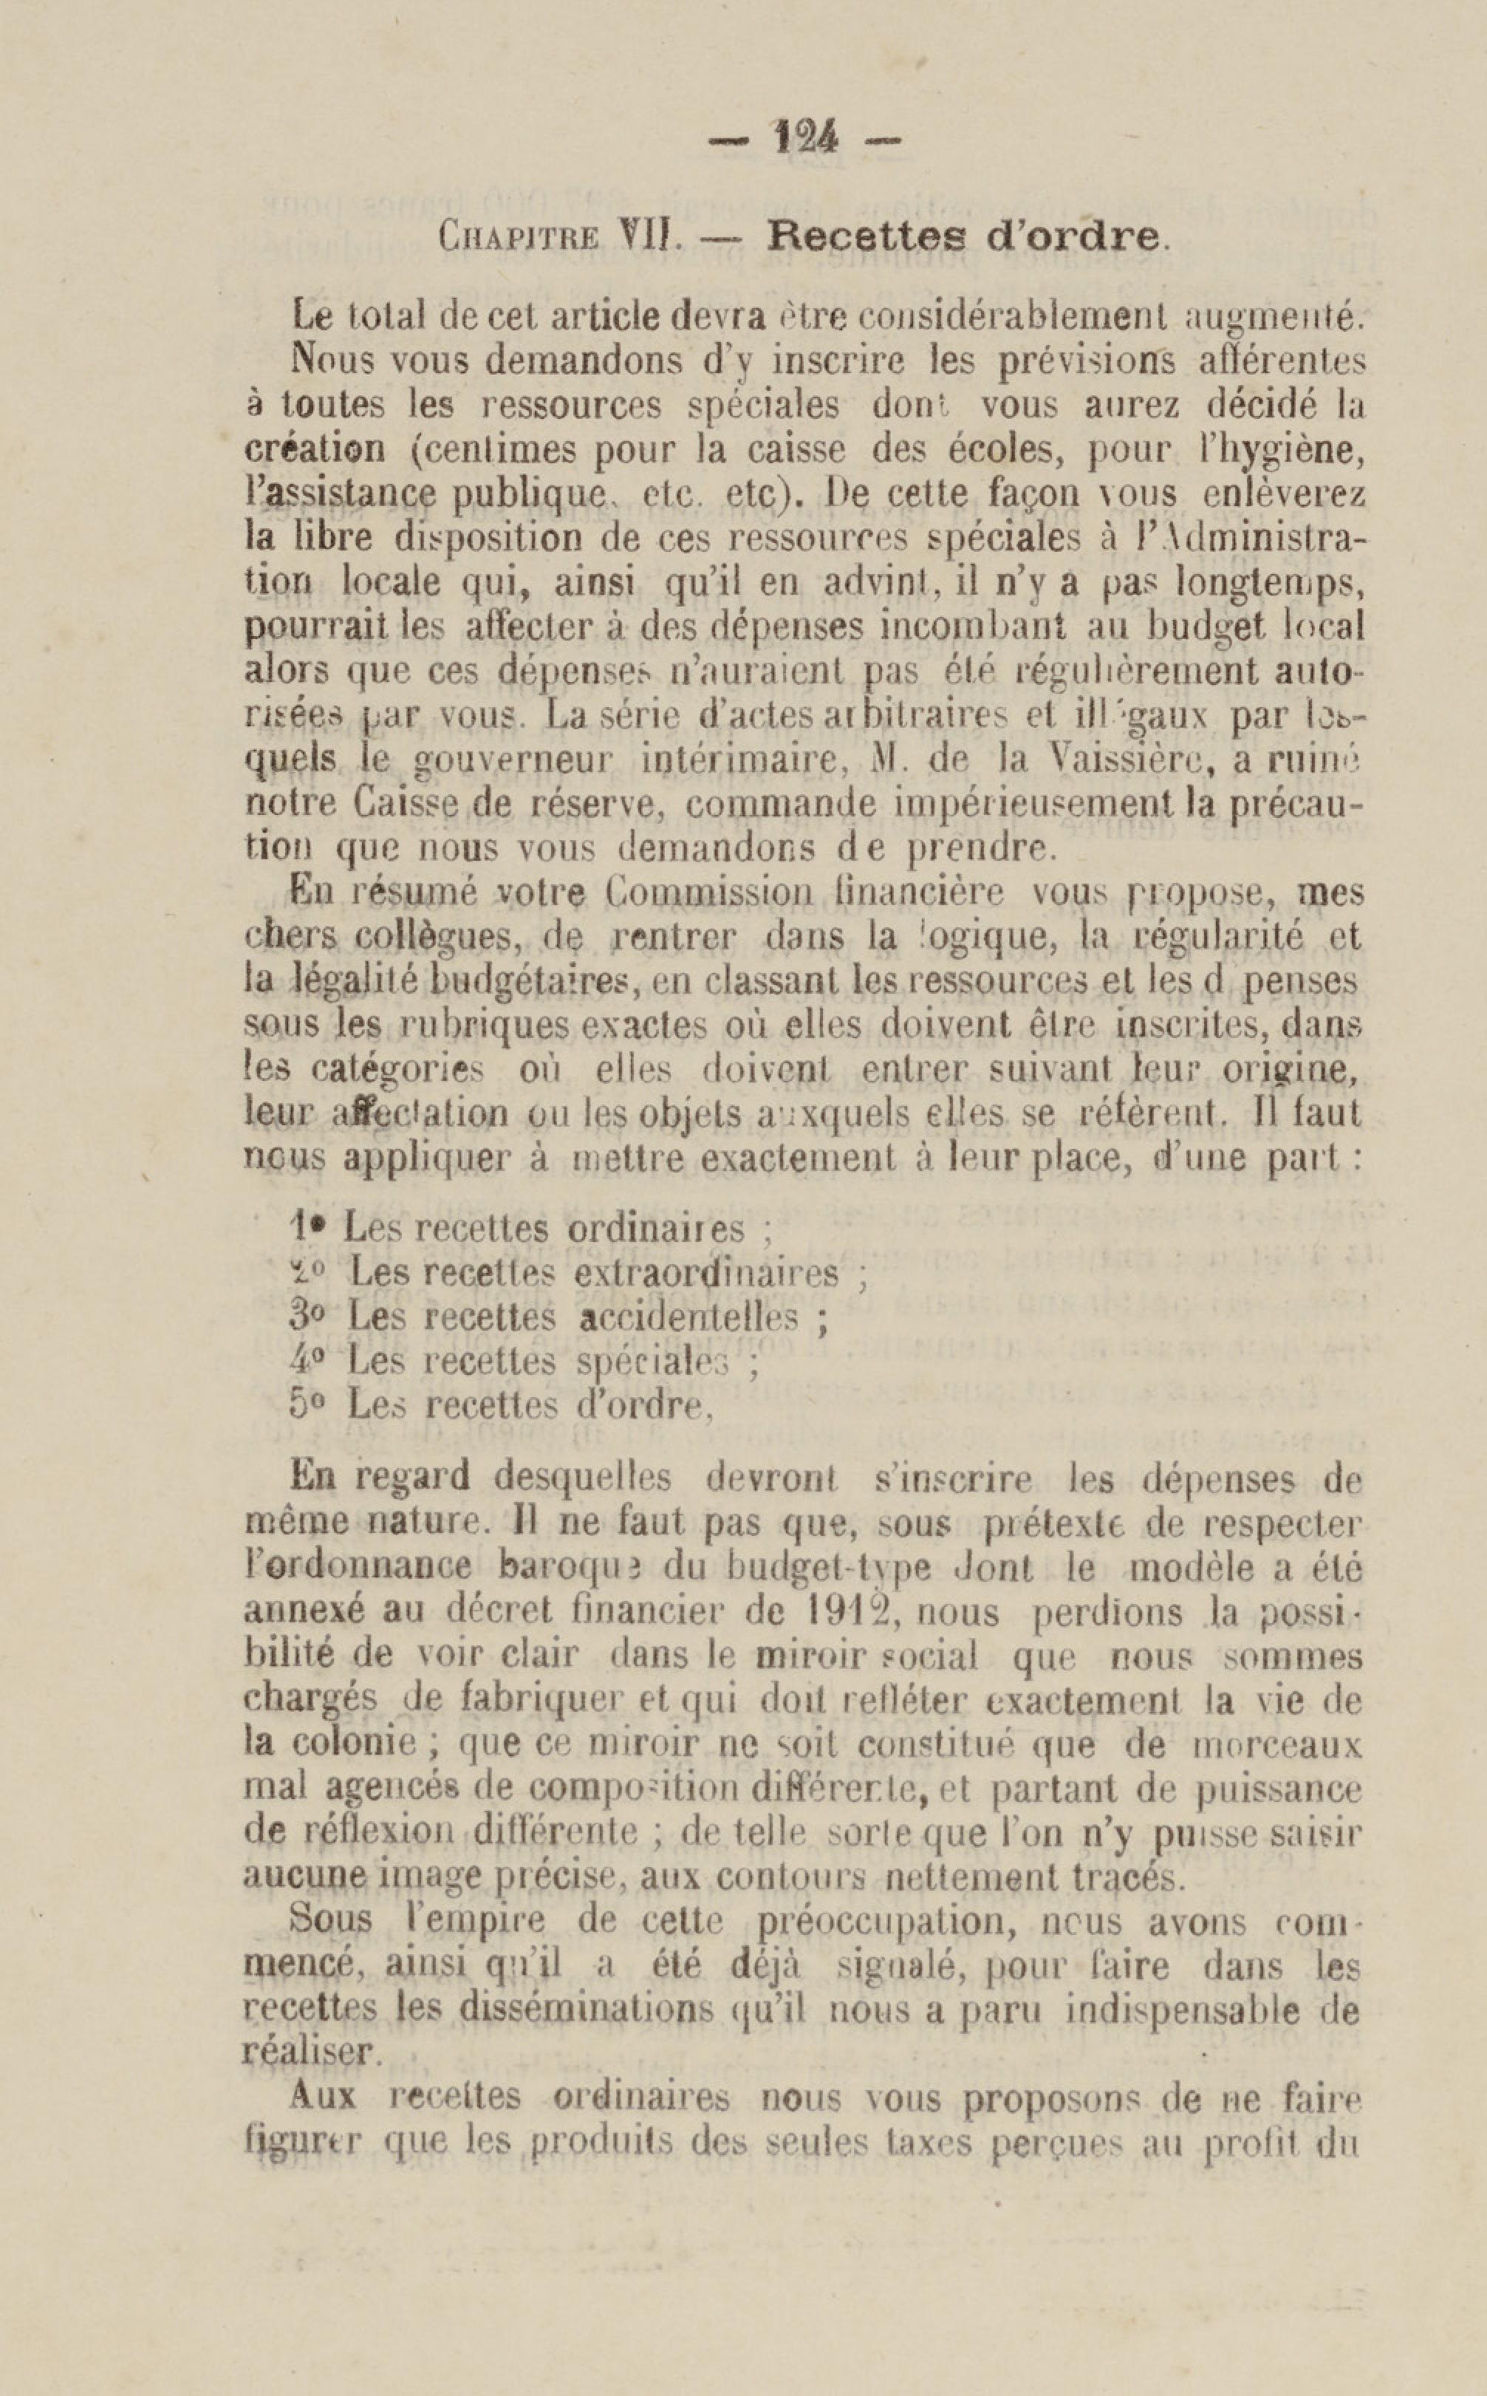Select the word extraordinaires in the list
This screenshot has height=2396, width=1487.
click(x=705, y=1274)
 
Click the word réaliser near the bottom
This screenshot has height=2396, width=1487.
click(x=310, y=2052)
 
